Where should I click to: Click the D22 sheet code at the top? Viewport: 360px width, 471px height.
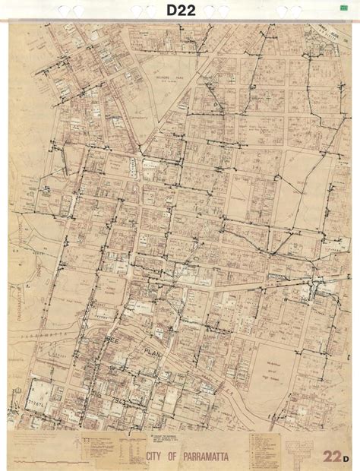[179, 11]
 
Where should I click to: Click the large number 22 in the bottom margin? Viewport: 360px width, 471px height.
[331, 456]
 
